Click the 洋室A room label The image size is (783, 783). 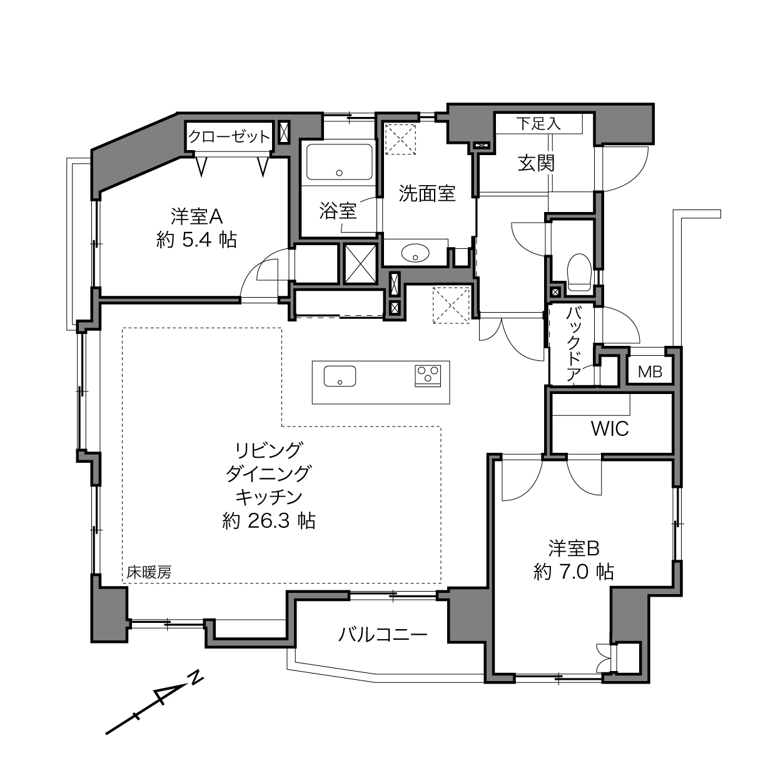[x=196, y=216]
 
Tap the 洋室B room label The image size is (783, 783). [x=573, y=548]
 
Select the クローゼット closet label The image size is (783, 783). [x=229, y=136]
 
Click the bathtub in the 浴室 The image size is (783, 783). [x=340, y=161]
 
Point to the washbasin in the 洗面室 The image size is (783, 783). [x=415, y=253]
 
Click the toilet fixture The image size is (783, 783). [x=579, y=272]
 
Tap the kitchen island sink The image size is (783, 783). [x=340, y=376]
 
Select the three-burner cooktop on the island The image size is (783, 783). [x=427, y=376]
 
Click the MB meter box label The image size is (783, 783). [x=650, y=371]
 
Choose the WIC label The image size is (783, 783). [x=610, y=428]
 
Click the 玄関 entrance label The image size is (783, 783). [x=537, y=163]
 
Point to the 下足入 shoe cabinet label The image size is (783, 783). [x=538, y=123]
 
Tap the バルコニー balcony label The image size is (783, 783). [x=383, y=634]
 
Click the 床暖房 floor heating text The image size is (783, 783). [x=149, y=572]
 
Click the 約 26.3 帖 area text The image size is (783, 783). [x=268, y=521]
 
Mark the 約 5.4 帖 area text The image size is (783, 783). [x=196, y=240]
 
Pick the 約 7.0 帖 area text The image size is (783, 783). [x=573, y=572]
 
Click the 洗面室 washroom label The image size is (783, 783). [x=427, y=193]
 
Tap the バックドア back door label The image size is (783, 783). [x=573, y=345]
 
